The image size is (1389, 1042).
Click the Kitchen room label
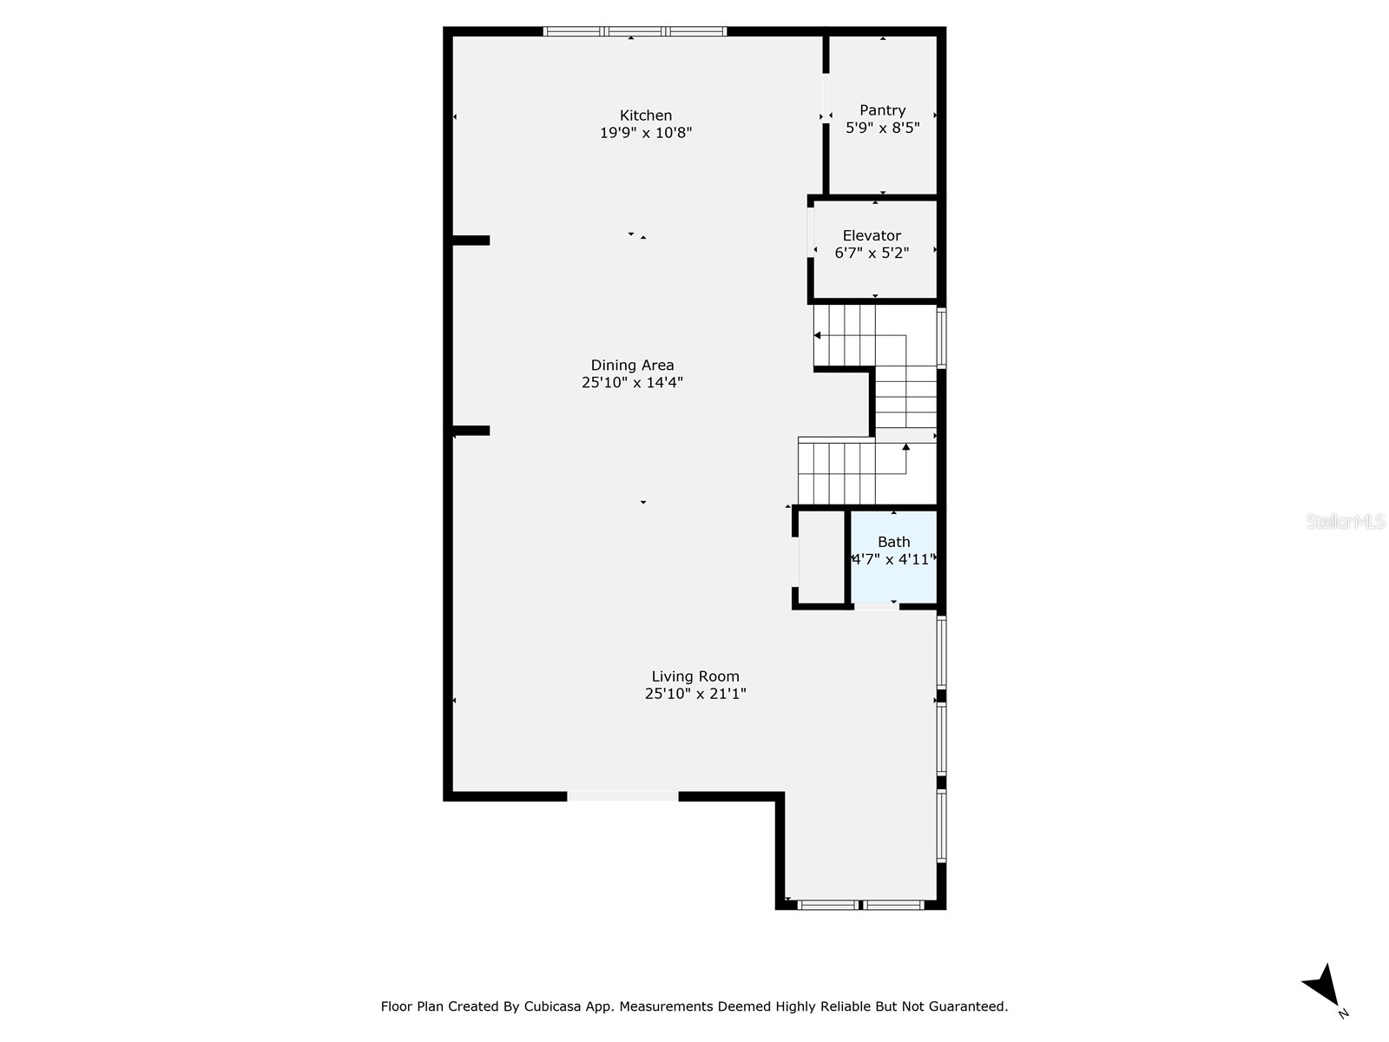[645, 115]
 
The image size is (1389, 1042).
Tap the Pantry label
[882, 110]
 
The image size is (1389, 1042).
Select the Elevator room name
[872, 235]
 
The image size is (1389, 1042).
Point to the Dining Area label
[632, 366]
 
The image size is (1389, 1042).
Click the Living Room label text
[695, 676]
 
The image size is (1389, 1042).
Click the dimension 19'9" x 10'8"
[645, 133]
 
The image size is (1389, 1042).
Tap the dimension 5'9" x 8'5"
[882, 128]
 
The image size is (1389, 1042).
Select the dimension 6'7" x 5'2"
[872, 253]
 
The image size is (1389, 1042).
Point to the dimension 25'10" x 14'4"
[632, 382]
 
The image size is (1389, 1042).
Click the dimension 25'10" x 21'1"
[695, 694]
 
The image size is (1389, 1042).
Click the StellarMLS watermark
[1346, 521]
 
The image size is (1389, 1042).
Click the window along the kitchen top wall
[635, 32]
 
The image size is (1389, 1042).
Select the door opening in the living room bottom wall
[622, 795]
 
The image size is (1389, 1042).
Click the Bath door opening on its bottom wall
[876, 605]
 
